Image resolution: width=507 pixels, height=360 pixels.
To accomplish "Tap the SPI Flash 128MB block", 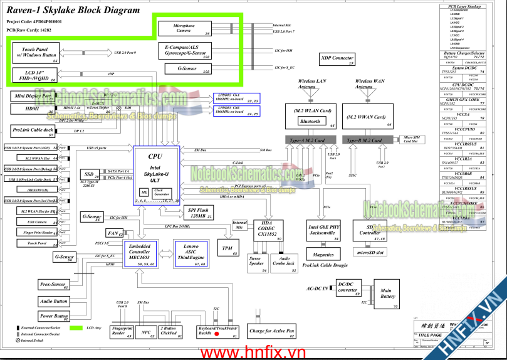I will [197, 213].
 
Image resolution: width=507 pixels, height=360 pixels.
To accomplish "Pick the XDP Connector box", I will [337, 60].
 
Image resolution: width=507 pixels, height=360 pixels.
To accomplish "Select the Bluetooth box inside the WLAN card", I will [310, 122].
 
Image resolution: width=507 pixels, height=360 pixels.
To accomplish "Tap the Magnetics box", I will [323, 254].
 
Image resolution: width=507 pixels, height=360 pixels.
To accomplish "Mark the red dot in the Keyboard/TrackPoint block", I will [217, 335].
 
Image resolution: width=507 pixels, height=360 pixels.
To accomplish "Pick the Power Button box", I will [54, 316].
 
